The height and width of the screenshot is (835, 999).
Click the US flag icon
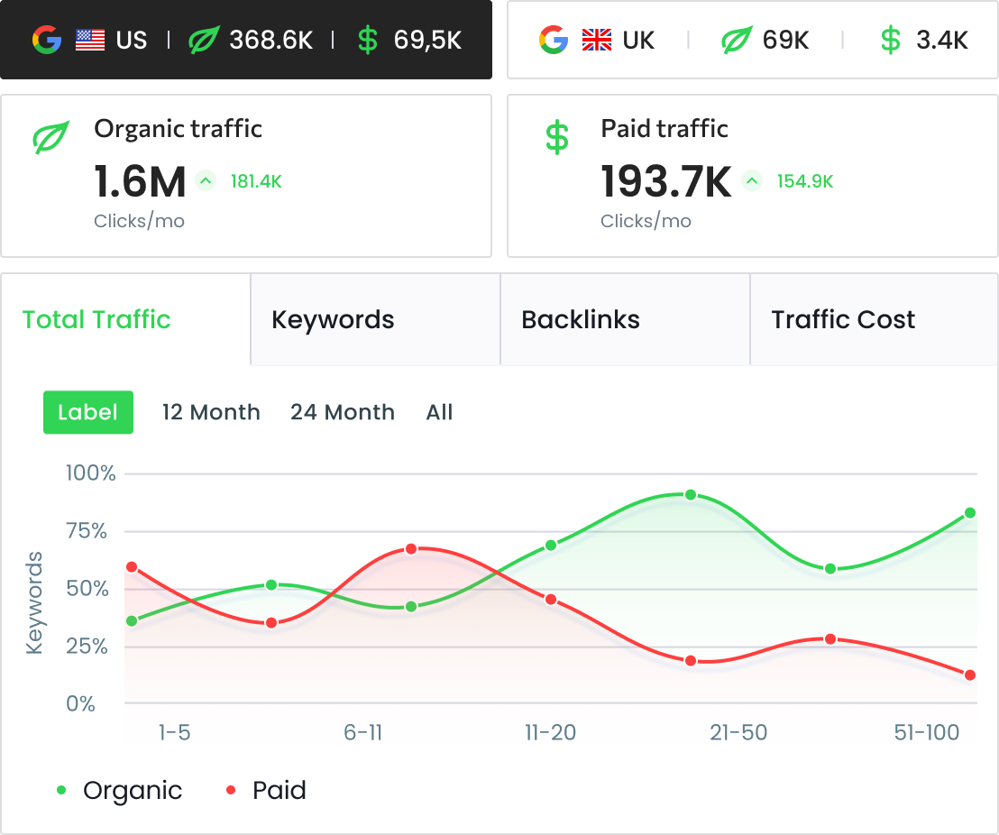(90, 40)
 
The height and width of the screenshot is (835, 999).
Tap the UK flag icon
(597, 40)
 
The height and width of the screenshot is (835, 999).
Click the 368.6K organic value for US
(270, 40)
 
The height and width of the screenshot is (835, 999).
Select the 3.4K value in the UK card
(941, 40)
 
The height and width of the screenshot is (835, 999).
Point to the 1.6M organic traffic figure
(140, 181)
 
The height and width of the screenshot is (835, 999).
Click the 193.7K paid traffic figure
(665, 181)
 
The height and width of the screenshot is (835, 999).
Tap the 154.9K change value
(805, 181)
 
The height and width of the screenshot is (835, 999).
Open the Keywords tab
(333, 319)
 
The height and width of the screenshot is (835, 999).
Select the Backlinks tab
(581, 319)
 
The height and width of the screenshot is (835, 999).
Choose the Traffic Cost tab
(843, 319)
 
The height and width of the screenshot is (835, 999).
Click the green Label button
(88, 412)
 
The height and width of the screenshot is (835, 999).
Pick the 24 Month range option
(343, 412)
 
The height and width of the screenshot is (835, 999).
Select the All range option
(439, 412)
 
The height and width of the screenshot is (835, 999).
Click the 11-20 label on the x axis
(550, 732)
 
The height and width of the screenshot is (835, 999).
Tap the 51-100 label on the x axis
(927, 732)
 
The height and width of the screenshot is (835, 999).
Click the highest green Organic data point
(691, 495)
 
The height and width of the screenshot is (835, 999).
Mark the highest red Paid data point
(411, 549)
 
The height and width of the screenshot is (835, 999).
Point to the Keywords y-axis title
(35, 602)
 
